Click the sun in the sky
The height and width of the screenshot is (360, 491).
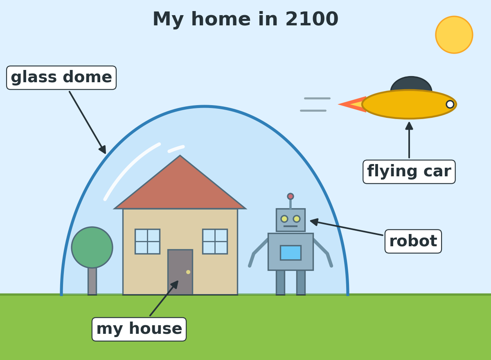[454, 35]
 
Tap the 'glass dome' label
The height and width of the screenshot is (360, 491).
[61, 78]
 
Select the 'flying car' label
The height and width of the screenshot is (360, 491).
[409, 172]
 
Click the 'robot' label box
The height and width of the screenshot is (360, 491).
[413, 241]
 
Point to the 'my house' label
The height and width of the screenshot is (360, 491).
[139, 329]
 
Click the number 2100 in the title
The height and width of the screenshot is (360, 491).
[312, 19]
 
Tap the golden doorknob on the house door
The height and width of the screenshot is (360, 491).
[188, 272]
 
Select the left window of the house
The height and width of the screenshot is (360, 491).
[148, 241]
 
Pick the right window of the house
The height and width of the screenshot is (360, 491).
[215, 241]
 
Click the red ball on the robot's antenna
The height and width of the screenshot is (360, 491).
[291, 196]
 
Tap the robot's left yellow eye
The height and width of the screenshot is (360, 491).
[284, 219]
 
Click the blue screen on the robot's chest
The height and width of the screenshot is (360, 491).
[291, 253]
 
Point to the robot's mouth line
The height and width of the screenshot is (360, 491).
[291, 226]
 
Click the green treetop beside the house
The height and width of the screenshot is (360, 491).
[92, 248]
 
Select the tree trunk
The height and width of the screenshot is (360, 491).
[92, 281]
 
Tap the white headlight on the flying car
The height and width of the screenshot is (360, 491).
[450, 104]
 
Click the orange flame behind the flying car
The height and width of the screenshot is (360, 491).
[352, 104]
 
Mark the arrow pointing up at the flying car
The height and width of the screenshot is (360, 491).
[409, 140]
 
